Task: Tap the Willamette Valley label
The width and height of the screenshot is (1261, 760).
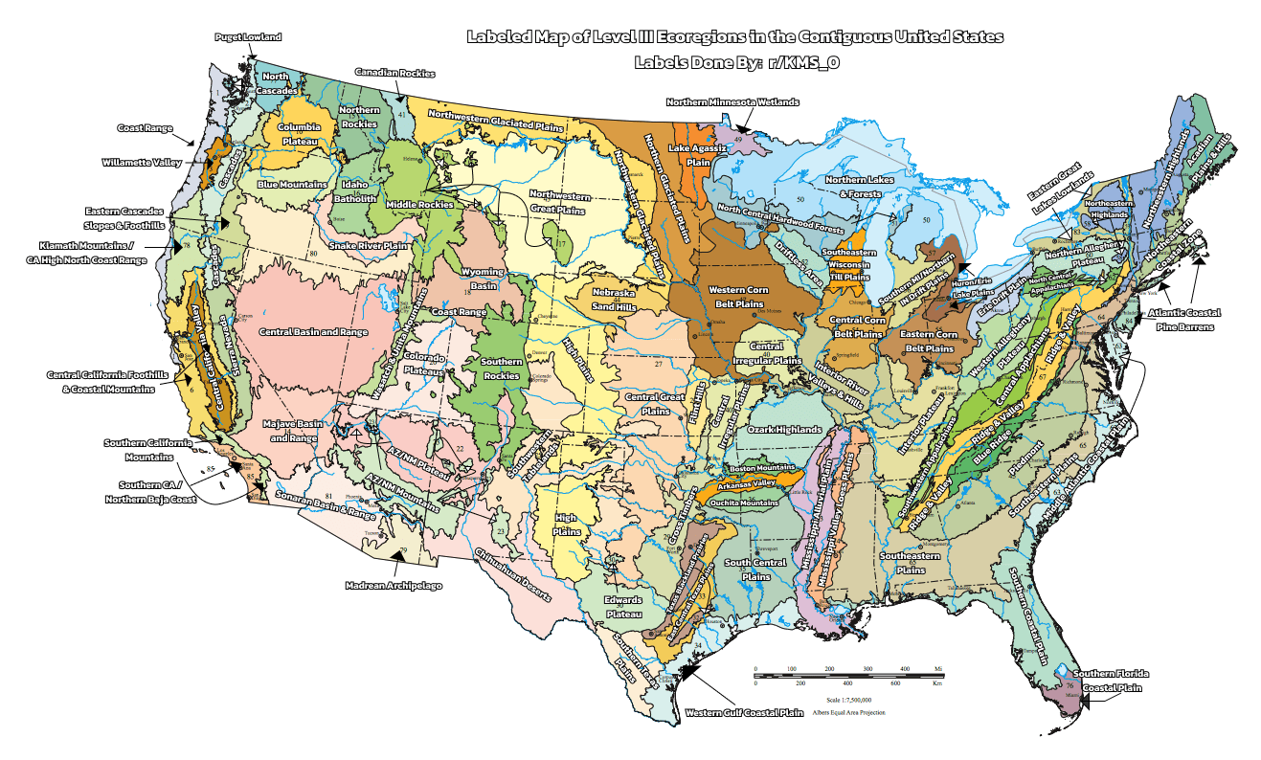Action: click(x=141, y=163)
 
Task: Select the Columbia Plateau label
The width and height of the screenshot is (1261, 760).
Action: click(x=299, y=133)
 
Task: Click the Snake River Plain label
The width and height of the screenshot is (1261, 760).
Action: click(x=369, y=245)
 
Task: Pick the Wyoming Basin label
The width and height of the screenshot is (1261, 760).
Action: click(x=483, y=279)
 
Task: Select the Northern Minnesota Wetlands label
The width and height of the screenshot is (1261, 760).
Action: click(x=732, y=101)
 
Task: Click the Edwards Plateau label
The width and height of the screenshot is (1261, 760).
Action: click(x=622, y=606)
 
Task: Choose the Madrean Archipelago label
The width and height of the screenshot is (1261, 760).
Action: click(x=394, y=584)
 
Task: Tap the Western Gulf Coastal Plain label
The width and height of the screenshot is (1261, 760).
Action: click(x=744, y=712)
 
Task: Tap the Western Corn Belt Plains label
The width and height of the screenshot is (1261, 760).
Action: click(x=737, y=296)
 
